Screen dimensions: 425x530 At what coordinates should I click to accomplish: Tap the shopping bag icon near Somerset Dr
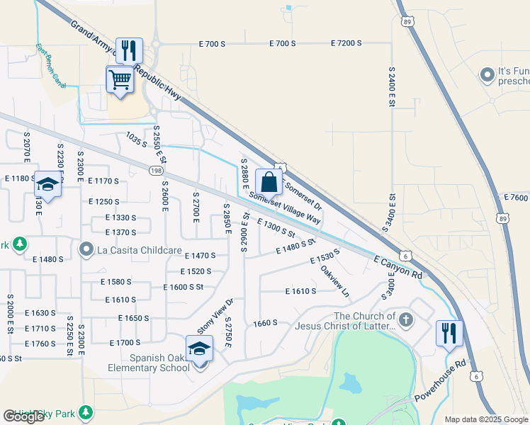point(269,182)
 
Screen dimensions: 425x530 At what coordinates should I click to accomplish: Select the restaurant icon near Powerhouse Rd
point(449,333)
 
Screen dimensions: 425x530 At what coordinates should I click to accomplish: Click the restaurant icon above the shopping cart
point(129,50)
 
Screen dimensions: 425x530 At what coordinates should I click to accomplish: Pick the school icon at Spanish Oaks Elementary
point(199,348)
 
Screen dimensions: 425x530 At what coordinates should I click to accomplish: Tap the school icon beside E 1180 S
point(47,184)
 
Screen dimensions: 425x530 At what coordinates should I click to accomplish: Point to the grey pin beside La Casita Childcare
point(86,249)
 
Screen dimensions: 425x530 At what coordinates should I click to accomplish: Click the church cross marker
point(405,320)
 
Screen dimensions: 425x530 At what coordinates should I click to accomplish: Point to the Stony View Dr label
point(215,317)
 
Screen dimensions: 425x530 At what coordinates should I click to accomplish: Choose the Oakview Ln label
point(335,281)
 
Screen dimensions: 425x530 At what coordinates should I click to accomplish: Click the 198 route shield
point(157,170)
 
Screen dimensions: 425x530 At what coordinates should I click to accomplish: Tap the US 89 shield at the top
point(405,21)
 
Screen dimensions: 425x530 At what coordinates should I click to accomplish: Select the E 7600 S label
point(515,198)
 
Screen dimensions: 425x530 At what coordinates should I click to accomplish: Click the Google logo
point(23,416)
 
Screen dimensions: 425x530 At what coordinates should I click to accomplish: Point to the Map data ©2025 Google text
point(486,419)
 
